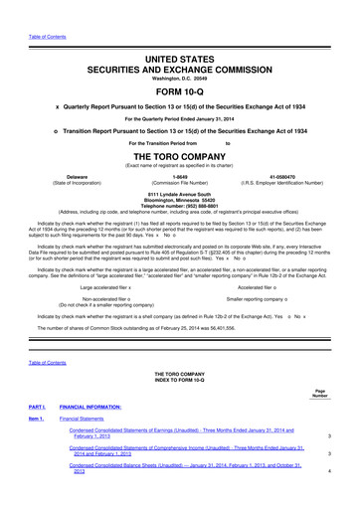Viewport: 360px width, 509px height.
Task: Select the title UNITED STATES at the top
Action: [180, 34]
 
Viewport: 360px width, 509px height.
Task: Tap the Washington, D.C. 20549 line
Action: [180, 57]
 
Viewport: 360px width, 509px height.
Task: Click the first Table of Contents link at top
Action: [32, 10]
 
